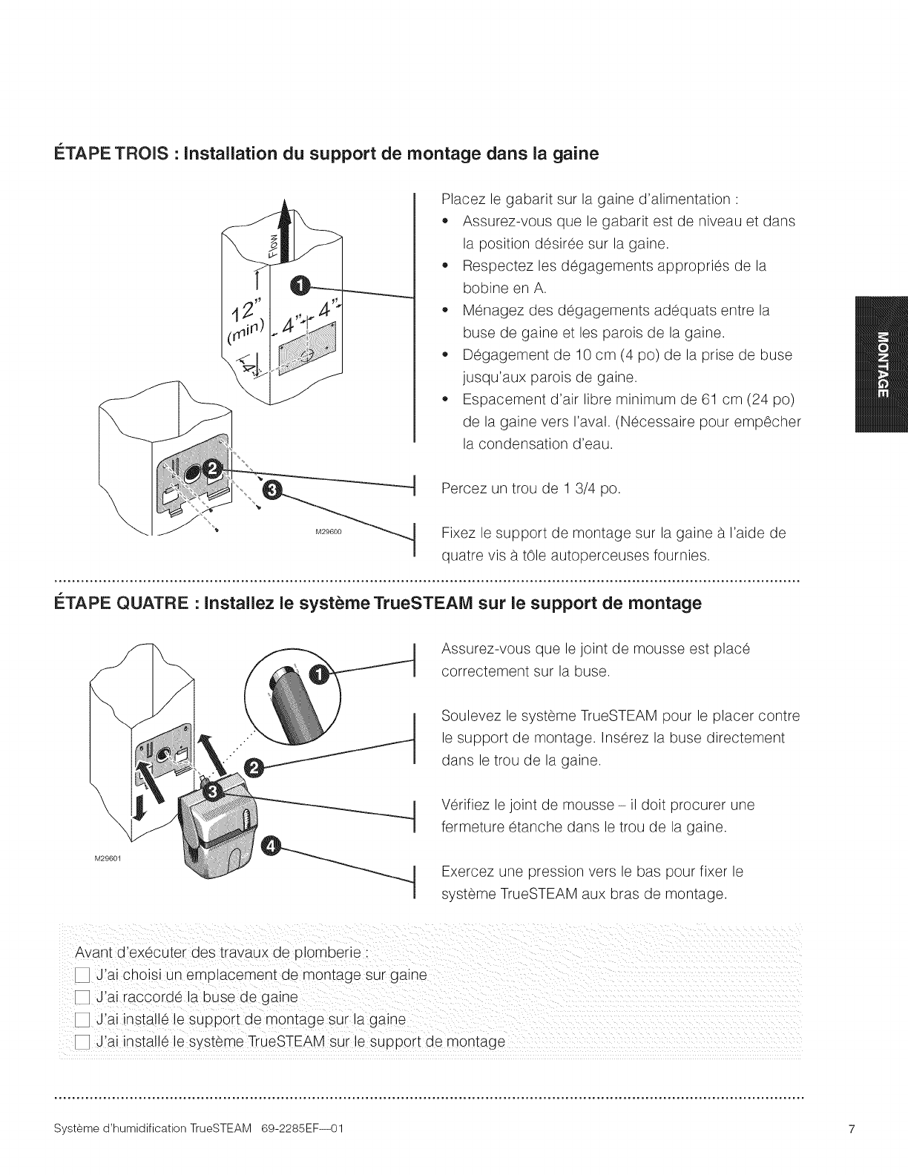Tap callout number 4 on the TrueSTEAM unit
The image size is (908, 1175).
pos(272,846)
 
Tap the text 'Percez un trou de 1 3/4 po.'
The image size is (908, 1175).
pos(530,490)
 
